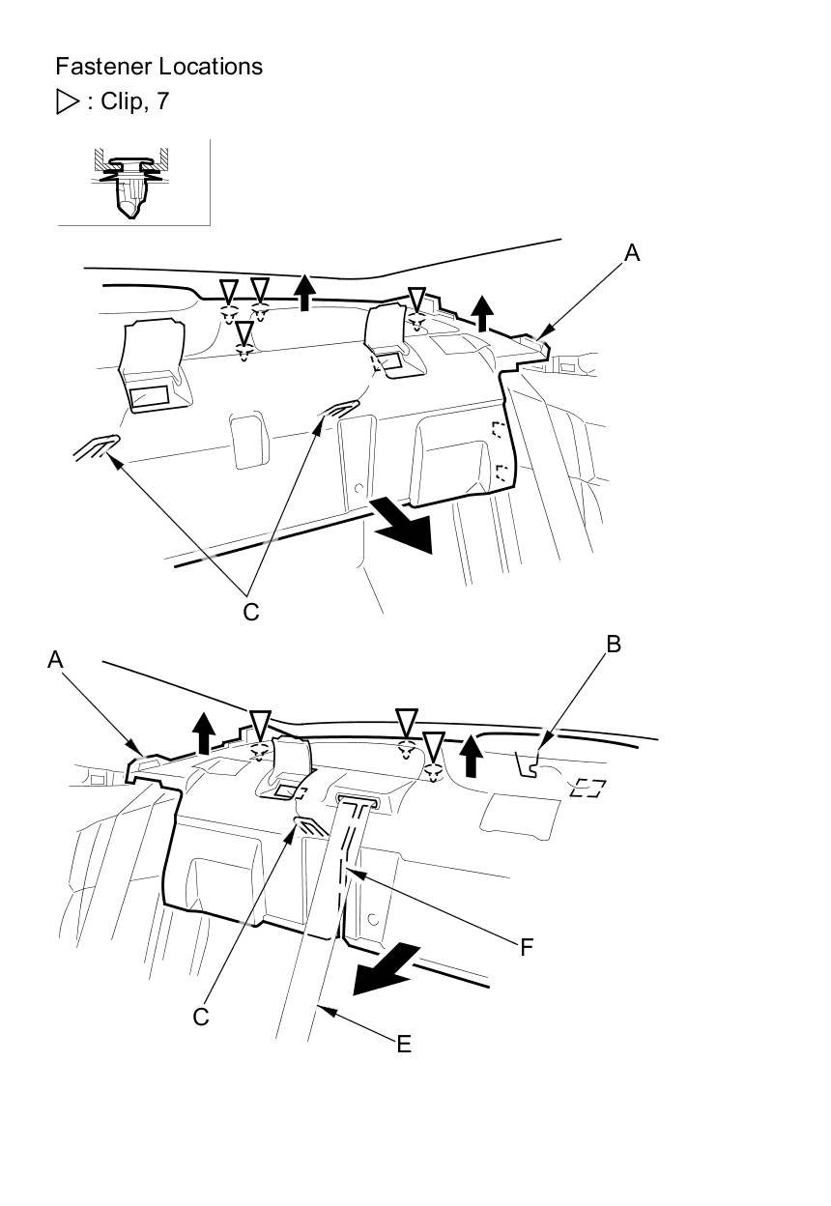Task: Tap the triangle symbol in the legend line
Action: click(68, 101)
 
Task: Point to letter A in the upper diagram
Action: click(632, 253)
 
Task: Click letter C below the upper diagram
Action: click(250, 613)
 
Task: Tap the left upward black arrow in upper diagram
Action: click(305, 291)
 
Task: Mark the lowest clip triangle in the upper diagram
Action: click(245, 333)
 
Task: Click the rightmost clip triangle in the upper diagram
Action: click(416, 298)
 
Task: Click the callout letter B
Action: click(613, 645)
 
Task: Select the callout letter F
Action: click(527, 947)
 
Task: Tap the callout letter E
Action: click(404, 1043)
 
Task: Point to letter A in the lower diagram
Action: click(55, 659)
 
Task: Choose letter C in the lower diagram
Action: click(201, 1017)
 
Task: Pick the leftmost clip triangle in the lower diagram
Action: click(259, 722)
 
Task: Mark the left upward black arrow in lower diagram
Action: click(203, 732)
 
